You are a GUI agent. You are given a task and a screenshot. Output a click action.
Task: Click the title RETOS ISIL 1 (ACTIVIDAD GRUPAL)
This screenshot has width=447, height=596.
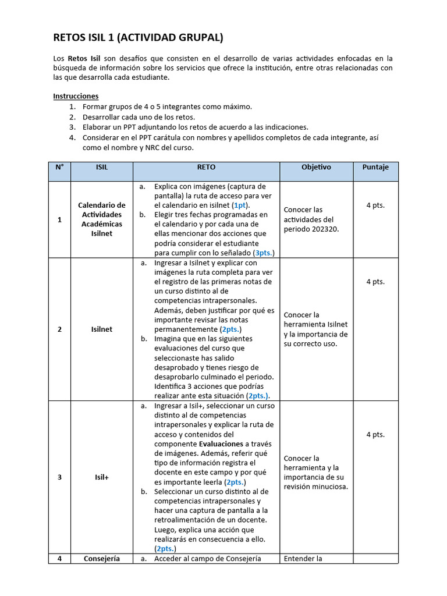(x=138, y=38)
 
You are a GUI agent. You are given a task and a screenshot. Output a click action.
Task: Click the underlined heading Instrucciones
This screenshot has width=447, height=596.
(x=76, y=96)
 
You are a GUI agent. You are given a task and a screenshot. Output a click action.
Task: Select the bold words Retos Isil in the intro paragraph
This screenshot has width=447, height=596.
(x=84, y=58)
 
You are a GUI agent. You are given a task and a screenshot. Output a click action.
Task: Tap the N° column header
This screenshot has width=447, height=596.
(x=59, y=167)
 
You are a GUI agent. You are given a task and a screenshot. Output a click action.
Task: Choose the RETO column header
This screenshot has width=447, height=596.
(x=206, y=167)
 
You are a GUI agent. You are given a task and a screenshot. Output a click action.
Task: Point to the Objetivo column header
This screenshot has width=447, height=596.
(x=316, y=167)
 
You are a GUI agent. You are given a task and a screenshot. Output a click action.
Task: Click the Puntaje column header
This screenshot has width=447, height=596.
(x=375, y=167)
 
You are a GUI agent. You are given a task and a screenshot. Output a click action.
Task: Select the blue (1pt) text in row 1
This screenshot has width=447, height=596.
(x=240, y=205)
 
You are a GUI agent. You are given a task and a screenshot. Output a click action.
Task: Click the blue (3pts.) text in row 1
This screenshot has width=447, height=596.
(x=264, y=253)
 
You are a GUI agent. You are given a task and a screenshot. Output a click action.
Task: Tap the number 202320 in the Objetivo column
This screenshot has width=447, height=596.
(x=325, y=229)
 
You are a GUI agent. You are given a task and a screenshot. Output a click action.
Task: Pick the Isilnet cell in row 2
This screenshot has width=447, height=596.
(x=102, y=329)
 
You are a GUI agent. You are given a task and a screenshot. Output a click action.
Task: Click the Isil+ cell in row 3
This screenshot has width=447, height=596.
(x=102, y=477)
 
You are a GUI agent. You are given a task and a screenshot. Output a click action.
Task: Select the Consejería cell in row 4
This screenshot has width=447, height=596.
(x=102, y=559)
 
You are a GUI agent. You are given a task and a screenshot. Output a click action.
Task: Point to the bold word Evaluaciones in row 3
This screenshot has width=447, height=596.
(x=215, y=444)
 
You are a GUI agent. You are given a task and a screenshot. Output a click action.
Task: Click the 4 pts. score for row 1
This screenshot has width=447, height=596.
(x=375, y=205)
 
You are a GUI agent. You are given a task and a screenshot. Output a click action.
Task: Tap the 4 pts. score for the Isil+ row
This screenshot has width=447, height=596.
(x=375, y=435)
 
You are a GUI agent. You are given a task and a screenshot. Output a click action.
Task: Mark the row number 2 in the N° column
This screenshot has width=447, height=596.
(x=59, y=329)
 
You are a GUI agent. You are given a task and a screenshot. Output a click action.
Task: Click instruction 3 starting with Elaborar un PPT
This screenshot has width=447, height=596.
(x=195, y=127)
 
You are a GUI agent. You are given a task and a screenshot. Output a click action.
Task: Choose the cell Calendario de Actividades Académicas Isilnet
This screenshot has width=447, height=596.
(x=102, y=219)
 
